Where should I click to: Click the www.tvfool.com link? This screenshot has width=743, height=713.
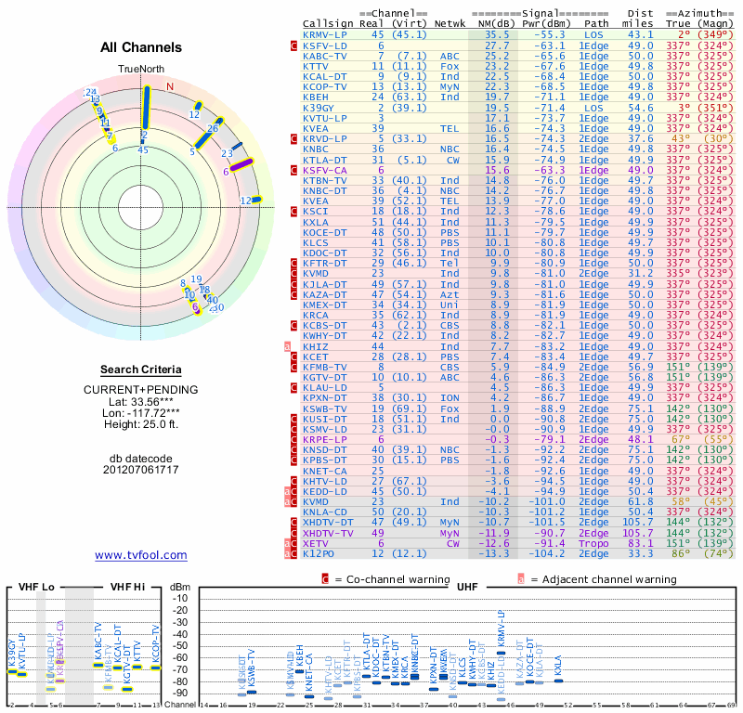pos(141,555)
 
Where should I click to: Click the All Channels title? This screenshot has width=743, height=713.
pos(141,47)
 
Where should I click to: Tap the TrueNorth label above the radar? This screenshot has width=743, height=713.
pos(140,70)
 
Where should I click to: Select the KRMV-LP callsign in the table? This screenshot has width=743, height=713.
pos(326,34)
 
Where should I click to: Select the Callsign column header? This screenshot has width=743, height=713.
pos(328,22)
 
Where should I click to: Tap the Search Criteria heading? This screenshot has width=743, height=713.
pos(141,369)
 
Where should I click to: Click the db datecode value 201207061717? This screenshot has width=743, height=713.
pos(141,470)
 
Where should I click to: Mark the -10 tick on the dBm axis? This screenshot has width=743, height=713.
pos(180,598)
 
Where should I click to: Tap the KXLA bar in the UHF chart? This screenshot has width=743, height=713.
pos(558,681)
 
